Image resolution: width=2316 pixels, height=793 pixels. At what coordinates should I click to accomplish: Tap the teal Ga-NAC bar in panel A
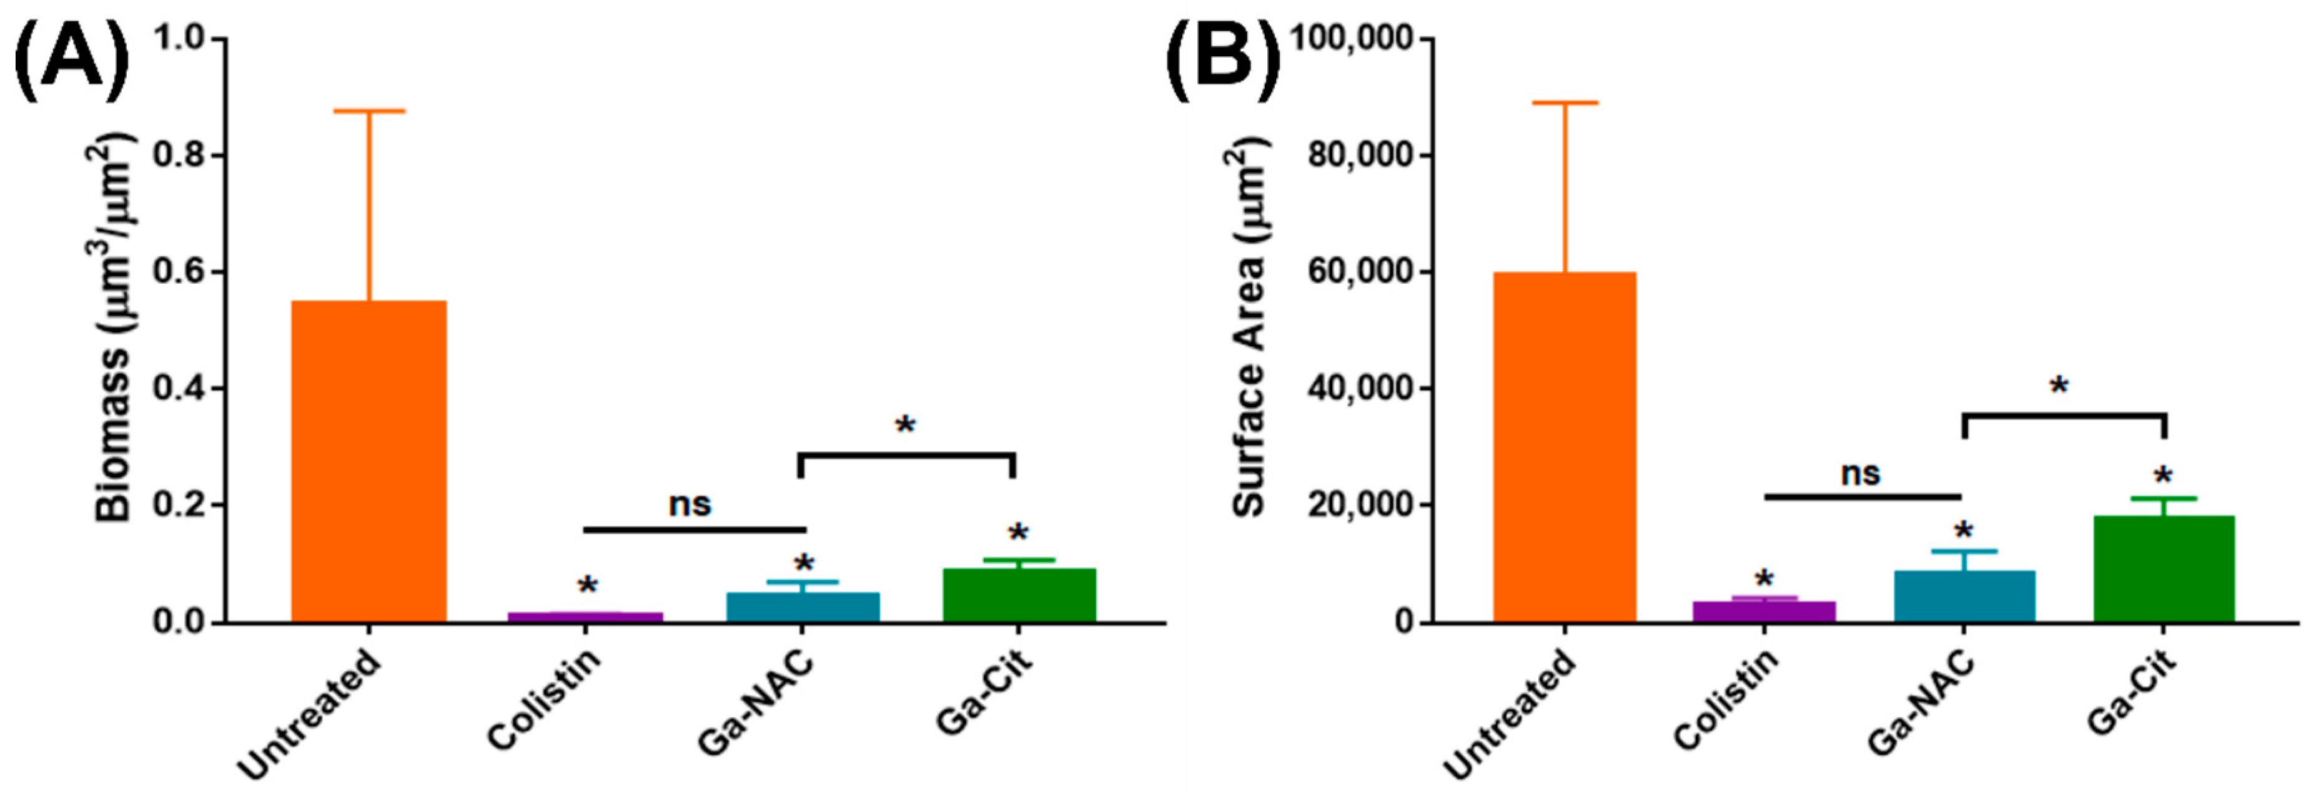click(x=802, y=607)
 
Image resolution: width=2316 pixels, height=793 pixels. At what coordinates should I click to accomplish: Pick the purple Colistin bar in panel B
click(x=1764, y=611)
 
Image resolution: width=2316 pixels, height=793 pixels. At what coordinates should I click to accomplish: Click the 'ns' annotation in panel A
click(x=690, y=504)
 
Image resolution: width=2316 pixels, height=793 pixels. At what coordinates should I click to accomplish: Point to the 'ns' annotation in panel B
click(x=1860, y=473)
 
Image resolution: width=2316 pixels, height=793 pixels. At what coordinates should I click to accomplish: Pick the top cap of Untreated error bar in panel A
click(x=369, y=111)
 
